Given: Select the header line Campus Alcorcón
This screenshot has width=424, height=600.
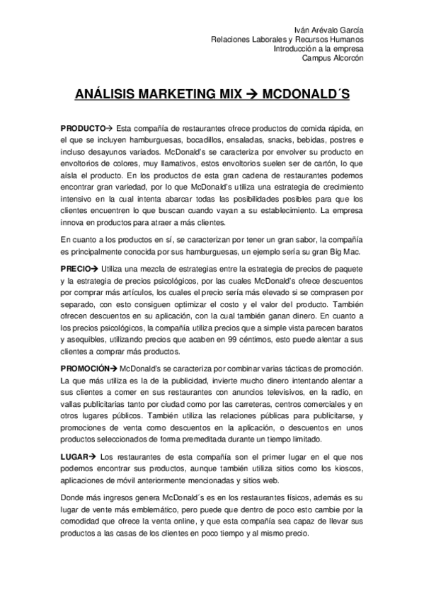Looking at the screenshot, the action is (333, 59).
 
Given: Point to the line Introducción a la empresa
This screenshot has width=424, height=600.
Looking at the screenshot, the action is (319, 49).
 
